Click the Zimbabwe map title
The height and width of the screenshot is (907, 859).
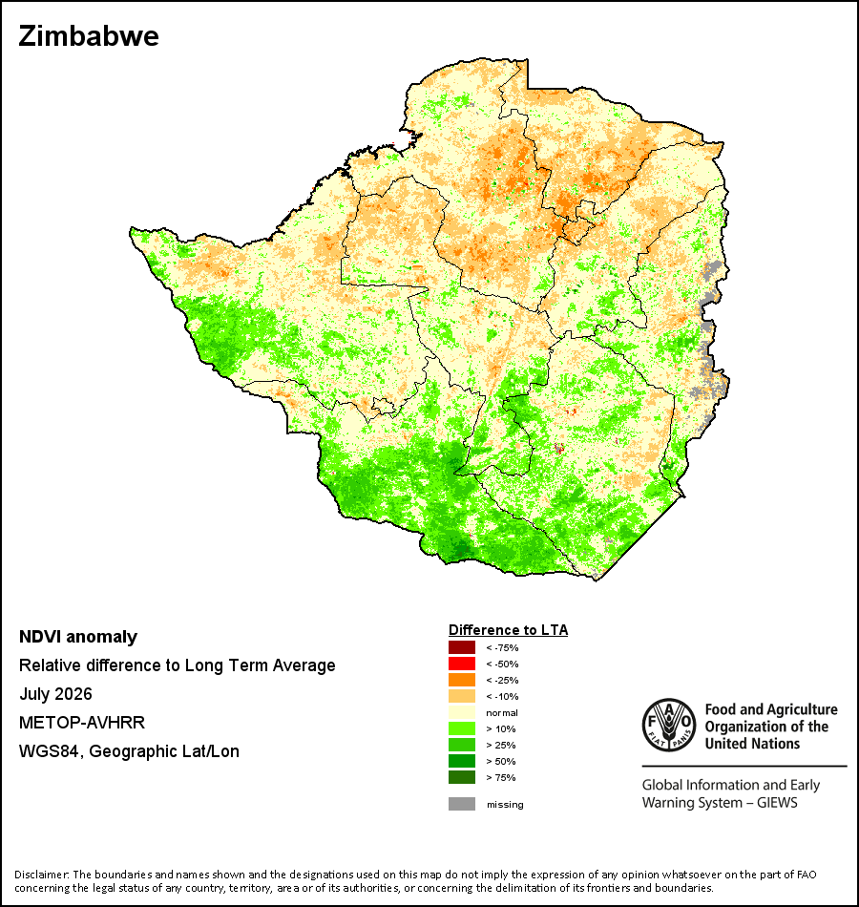pos(89,36)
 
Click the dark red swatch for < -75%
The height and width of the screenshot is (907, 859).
pos(462,647)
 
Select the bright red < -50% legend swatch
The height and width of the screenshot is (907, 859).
pos(462,664)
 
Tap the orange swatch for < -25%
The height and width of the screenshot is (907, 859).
pos(462,680)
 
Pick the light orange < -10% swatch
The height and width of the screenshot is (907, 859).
pos(462,696)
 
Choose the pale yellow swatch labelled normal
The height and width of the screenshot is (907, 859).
pos(462,712)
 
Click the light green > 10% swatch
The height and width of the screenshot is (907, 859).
pos(462,728)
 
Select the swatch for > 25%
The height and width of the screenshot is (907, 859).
pos(462,745)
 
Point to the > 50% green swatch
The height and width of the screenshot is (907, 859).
pos(462,761)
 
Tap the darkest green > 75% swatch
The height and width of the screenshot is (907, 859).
pos(462,777)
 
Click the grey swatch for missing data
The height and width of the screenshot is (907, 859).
pos(462,804)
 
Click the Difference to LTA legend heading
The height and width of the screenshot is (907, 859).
pos(508,630)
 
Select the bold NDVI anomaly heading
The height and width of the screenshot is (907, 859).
pos(78,637)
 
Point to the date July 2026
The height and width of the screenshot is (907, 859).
pos(55,693)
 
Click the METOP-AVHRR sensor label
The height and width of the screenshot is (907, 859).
pos(82,723)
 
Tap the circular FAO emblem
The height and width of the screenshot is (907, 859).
pos(669,726)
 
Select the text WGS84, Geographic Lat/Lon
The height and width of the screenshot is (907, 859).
pos(129,751)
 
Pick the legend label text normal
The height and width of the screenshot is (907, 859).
pos(501,712)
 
